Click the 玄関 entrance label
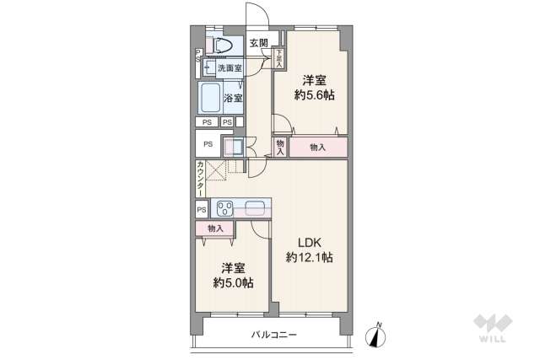point(258,44)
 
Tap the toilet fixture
point(222,46)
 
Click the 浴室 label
point(233,99)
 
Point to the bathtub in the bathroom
point(210,98)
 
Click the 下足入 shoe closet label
point(279,56)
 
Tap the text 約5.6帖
point(314,96)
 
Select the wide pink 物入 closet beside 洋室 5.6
point(318,148)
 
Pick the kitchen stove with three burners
point(225,208)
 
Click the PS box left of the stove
point(201,209)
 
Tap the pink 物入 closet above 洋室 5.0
point(214,228)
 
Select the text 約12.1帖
point(309,257)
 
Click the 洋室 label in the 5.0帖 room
point(234,268)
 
